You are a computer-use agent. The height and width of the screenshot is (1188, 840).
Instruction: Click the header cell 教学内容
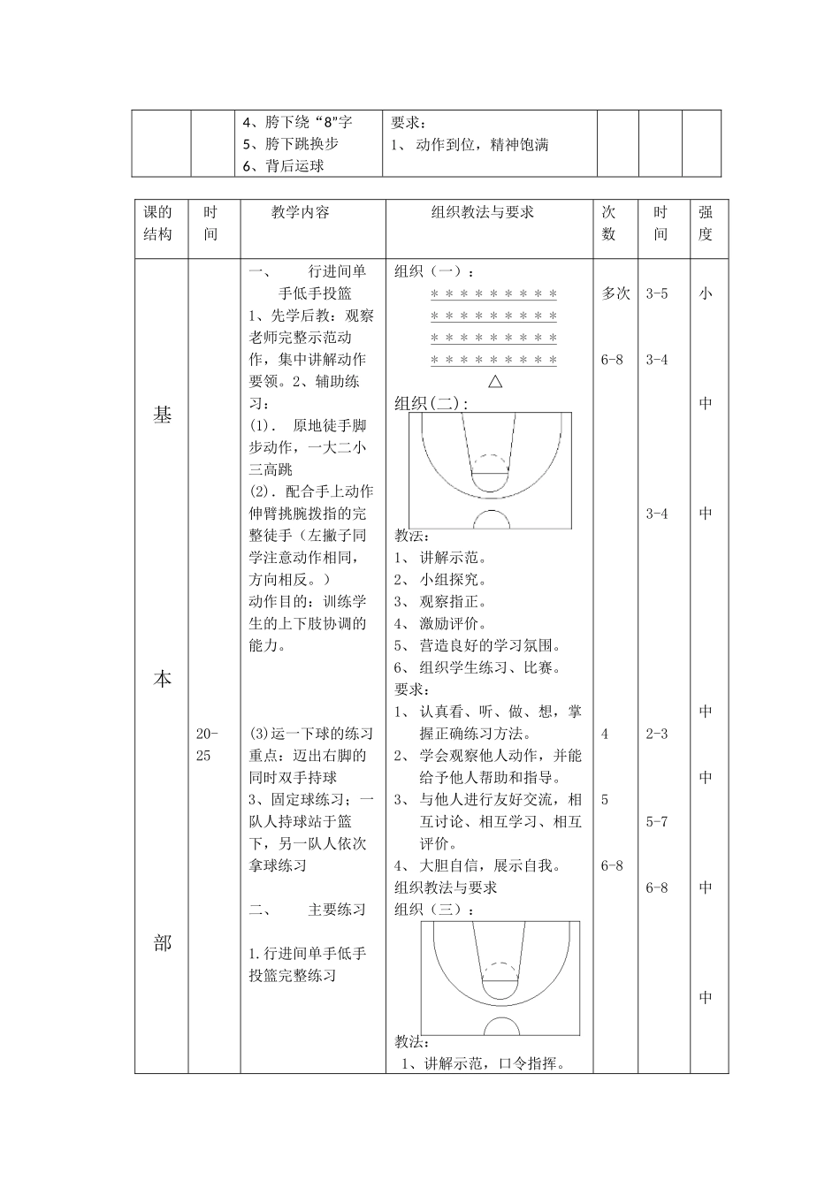coord(301,212)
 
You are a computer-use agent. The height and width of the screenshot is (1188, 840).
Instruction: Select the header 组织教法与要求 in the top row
coord(483,212)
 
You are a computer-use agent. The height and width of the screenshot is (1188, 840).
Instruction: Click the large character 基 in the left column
coord(163,415)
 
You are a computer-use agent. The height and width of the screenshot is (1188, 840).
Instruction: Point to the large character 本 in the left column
coord(163,679)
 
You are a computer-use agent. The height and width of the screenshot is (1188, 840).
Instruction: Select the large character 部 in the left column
coord(163,943)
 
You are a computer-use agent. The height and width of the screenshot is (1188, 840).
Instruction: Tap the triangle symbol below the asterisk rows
coord(495,382)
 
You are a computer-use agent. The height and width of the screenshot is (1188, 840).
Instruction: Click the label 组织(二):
coord(431,403)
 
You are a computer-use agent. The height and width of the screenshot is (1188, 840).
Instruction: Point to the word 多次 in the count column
coord(615,293)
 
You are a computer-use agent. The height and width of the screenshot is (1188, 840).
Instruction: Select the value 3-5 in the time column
coord(657,293)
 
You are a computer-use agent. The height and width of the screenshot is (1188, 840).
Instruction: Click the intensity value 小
coord(705,293)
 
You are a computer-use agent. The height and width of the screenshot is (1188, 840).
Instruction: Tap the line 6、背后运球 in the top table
coord(283,165)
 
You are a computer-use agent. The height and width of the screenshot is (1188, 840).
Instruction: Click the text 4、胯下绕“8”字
coord(297,122)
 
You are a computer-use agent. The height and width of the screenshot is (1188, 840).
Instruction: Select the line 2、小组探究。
coord(440,580)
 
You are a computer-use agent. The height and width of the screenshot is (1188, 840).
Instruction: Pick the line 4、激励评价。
coord(440,624)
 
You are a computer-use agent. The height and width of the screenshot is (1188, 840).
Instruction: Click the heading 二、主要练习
coord(307,910)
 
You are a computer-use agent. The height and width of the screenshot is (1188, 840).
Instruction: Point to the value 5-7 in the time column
coord(657,821)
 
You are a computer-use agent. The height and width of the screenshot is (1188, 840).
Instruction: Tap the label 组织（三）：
coord(435,910)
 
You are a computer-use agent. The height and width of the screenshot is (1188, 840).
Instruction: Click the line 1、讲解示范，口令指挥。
coord(484,1063)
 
